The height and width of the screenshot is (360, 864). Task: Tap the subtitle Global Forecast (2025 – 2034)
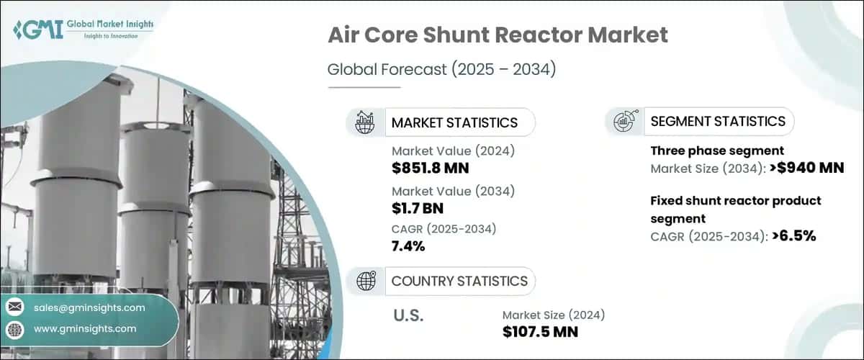(442, 70)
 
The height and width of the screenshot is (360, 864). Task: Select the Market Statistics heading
(454, 122)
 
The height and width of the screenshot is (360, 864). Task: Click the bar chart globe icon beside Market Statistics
(366, 122)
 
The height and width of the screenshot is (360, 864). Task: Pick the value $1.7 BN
(418, 209)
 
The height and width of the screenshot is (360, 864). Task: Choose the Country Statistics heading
(459, 281)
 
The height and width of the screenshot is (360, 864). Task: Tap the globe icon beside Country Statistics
(366, 281)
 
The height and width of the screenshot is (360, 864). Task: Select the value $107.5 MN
(540, 331)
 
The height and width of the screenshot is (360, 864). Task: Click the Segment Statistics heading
(718, 121)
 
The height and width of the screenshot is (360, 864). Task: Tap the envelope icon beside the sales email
(14, 307)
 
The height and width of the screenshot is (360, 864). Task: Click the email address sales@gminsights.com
(89, 307)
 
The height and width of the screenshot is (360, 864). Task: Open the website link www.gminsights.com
(85, 329)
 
